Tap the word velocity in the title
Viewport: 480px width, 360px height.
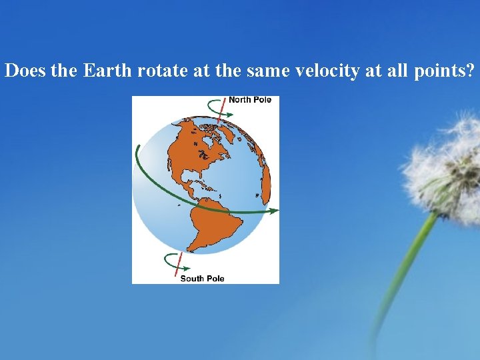point(327,71)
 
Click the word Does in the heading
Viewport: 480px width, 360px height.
point(25,71)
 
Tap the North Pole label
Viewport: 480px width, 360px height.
point(250,100)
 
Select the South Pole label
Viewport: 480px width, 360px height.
point(202,278)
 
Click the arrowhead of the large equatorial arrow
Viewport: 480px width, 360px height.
point(273,211)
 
